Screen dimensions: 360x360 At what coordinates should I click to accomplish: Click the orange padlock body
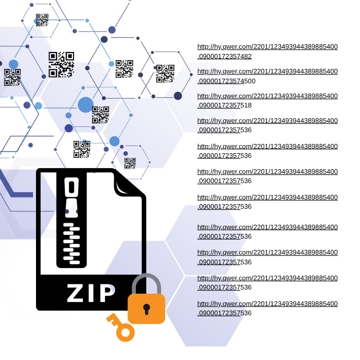pyautogui.click(x=146, y=309)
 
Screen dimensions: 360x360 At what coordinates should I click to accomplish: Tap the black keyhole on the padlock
pyautogui.click(x=147, y=309)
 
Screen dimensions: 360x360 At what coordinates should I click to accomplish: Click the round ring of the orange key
pyautogui.click(x=125, y=332)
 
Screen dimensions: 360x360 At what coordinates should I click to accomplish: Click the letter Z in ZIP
pyautogui.click(x=75, y=293)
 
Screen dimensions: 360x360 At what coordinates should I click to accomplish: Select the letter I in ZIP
pyautogui.click(x=91, y=293)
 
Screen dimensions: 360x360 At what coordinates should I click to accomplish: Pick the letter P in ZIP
pyautogui.click(x=107, y=293)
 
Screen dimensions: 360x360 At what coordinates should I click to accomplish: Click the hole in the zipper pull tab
pyautogui.click(x=71, y=187)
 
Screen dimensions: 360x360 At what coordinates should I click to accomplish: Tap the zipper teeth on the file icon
pyautogui.click(x=71, y=243)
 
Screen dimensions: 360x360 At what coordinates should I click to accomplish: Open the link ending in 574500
pyautogui.click(x=267, y=76)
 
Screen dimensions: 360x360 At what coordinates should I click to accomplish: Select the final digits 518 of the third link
pyautogui.click(x=246, y=105)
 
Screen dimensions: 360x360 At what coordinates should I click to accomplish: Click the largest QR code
pyautogui.click(x=61, y=64)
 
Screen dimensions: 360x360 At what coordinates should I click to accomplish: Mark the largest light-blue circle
pyautogui.click(x=86, y=105)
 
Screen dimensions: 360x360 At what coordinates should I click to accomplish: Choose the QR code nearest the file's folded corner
pyautogui.click(x=130, y=163)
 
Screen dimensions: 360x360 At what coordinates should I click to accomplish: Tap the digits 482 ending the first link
pyautogui.click(x=246, y=56)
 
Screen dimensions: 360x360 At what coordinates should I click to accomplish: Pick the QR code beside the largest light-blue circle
pyautogui.click(x=101, y=115)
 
